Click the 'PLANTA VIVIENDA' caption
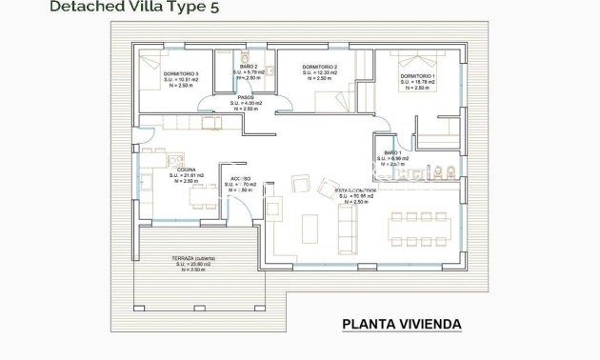coord(401,325)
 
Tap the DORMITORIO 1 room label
coord(417,75)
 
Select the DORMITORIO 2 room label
coord(321,68)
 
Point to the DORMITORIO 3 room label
coord(181,73)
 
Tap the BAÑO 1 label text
coord(393,152)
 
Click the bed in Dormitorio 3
coord(152,64)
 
